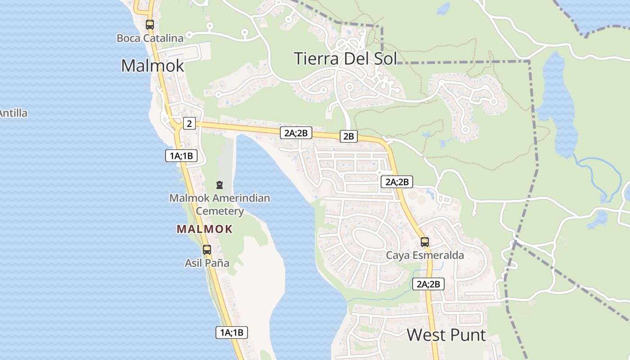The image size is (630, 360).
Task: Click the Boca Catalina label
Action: click(x=150, y=38)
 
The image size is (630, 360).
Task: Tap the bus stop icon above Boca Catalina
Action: click(x=150, y=25)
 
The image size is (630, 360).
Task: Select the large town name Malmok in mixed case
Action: click(x=153, y=66)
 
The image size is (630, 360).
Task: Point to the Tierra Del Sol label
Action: click(x=346, y=58)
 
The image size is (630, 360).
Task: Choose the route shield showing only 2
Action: click(x=189, y=123)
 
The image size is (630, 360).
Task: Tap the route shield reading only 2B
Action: click(x=348, y=136)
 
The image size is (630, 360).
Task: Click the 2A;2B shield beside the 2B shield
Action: click(x=296, y=133)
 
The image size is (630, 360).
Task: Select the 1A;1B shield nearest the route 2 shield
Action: click(x=181, y=156)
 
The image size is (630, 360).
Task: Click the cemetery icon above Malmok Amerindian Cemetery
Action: click(x=219, y=185)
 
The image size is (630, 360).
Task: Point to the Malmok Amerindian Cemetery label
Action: click(x=220, y=204)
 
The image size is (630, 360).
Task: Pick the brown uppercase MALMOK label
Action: click(x=205, y=229)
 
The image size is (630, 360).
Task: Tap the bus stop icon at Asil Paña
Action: click(x=207, y=249)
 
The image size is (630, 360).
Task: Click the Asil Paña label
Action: click(x=207, y=263)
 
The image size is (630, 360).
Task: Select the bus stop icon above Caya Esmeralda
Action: click(x=425, y=242)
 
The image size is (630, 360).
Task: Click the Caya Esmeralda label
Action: click(x=425, y=256)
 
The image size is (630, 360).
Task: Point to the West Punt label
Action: click(x=446, y=335)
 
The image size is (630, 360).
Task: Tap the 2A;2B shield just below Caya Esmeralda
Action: click(x=428, y=284)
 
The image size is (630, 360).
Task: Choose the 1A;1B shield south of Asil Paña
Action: click(x=231, y=333)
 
